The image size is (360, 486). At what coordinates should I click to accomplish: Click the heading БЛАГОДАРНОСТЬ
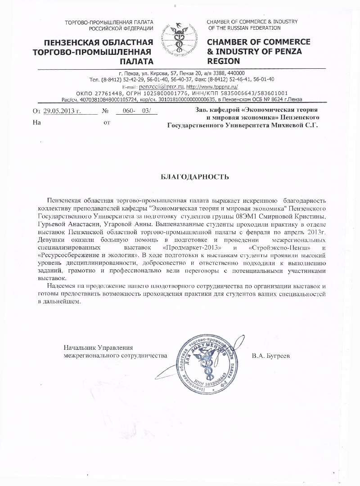tap(195, 177)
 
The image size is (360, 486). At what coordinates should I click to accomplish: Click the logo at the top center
tap(180, 40)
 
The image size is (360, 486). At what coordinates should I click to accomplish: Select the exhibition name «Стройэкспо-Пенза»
tap(275, 248)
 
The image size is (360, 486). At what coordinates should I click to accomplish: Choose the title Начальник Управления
tap(99, 348)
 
